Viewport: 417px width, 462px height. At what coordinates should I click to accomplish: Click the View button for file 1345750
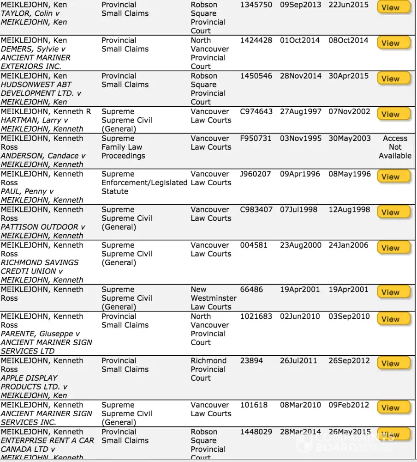pos(393,7)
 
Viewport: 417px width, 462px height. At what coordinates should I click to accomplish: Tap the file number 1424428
pos(256,40)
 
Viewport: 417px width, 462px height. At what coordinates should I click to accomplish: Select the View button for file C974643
pos(393,114)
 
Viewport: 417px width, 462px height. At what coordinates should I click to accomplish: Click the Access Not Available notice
pos(395,147)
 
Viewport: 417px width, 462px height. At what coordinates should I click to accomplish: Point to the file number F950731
pos(256,138)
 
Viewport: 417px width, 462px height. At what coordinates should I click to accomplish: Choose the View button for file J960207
pos(393,176)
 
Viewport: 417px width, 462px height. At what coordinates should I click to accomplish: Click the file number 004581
pos(254,245)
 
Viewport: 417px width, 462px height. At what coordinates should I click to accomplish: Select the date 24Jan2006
pos(348,245)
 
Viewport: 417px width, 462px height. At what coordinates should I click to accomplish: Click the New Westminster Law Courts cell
pos(213,298)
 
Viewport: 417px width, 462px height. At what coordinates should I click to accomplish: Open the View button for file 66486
pos(393,292)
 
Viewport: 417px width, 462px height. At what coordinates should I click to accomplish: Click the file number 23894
pos(251,360)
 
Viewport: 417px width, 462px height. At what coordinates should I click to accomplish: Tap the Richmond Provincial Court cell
pos(208,369)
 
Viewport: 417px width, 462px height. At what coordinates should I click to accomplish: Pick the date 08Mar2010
pos(300,405)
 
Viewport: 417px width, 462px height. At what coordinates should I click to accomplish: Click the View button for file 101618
pos(393,407)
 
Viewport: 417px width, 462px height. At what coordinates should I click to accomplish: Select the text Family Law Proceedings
pos(123,152)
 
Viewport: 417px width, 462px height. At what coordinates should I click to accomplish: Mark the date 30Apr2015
pos(348,76)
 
